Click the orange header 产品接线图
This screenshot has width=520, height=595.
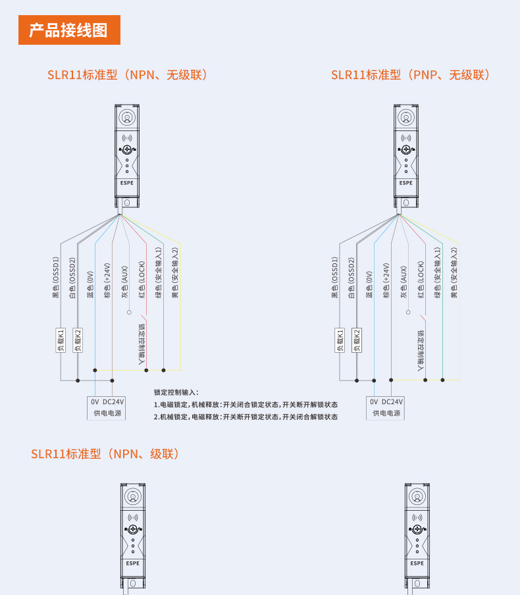tap(69, 30)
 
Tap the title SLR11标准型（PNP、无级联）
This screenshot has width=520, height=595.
tap(411, 75)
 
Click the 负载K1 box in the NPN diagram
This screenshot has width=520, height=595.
tap(61, 340)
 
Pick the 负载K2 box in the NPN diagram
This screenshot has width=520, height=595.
tap(78, 340)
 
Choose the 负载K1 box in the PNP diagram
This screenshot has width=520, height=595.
tap(340, 340)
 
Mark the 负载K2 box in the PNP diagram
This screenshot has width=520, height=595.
tap(357, 340)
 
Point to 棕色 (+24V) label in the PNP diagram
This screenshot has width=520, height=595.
tap(386, 280)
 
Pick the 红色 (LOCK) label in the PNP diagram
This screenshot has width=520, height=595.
tap(421, 280)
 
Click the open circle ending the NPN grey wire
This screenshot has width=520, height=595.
tap(129, 312)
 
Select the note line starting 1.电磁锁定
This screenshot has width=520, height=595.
tap(246, 405)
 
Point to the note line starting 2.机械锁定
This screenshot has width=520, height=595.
tap(246, 417)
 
